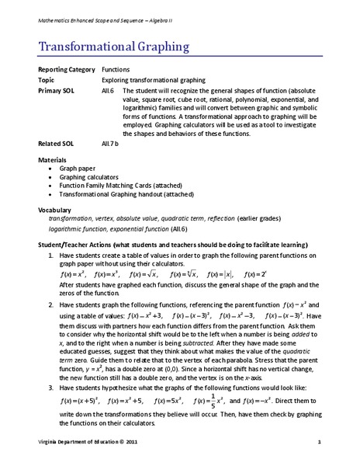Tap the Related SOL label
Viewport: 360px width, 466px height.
56,144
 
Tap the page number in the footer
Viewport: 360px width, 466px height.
319,442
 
